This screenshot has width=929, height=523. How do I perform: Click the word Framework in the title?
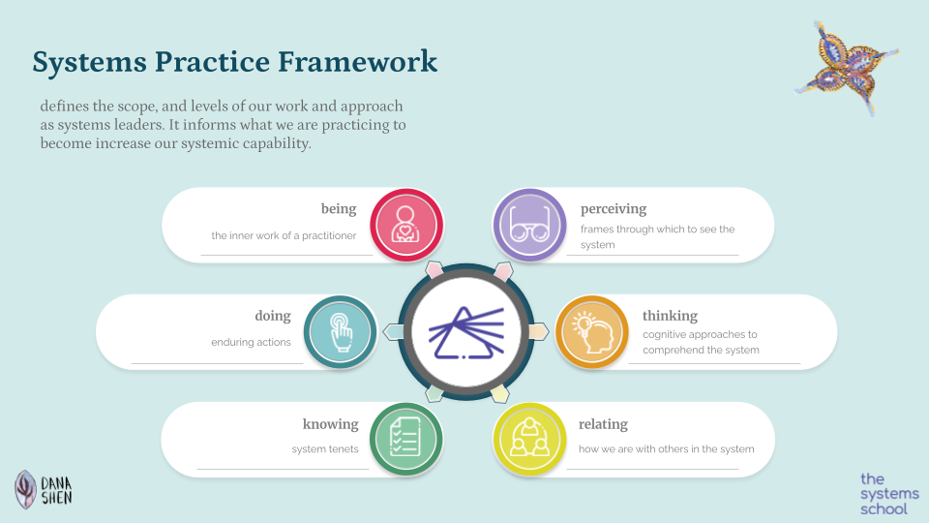tap(357, 62)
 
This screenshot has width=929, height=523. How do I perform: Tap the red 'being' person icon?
tap(406, 225)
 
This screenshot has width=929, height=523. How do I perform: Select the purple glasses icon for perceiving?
tap(529, 225)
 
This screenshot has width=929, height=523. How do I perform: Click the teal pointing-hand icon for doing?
tap(340, 332)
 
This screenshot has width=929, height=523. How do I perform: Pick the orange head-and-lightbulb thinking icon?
tap(592, 332)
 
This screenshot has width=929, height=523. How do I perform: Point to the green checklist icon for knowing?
tap(405, 440)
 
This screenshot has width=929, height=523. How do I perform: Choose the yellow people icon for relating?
tap(529, 440)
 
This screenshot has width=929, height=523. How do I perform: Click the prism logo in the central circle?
tap(465, 332)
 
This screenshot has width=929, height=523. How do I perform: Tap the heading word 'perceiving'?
tap(614, 209)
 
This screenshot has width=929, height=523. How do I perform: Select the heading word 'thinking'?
tap(670, 316)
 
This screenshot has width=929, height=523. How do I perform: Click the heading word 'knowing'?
tap(331, 424)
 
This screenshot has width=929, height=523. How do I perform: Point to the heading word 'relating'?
tap(603, 424)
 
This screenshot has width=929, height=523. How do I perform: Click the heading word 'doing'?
tap(273, 316)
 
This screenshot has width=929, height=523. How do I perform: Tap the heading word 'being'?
tap(339, 209)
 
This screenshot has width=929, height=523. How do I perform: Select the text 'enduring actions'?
tap(252, 342)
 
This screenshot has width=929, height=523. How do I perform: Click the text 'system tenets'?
tap(325, 449)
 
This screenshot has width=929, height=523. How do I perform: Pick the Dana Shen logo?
tap(44, 490)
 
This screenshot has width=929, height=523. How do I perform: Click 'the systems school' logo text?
tap(889, 494)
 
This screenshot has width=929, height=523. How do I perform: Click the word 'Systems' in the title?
tap(89, 62)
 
